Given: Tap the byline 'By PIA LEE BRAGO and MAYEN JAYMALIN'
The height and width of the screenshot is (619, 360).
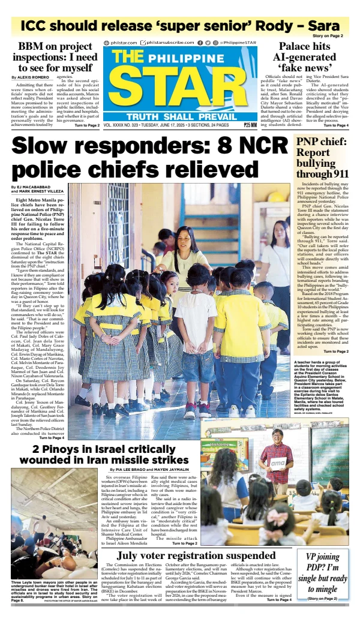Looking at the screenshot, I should coord(148,468).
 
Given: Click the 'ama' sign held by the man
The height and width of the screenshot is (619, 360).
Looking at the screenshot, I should coord(277,462).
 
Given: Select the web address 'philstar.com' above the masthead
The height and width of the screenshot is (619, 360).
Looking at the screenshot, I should coord(124,43).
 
